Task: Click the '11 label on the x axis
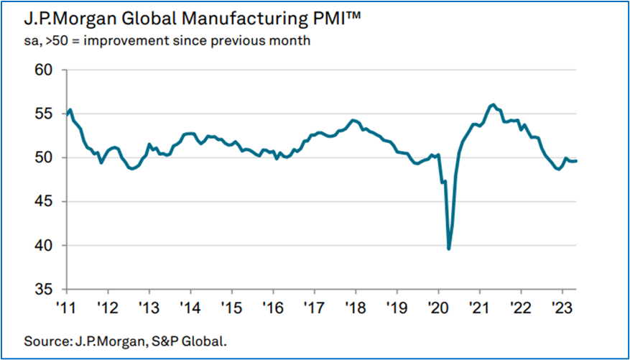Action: click(x=66, y=306)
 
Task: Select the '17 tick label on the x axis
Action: click(x=314, y=306)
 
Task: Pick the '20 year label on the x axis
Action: click(x=438, y=306)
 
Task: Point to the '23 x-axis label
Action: click(x=562, y=306)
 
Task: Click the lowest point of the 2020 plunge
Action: click(x=449, y=249)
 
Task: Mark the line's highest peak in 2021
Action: click(x=493, y=105)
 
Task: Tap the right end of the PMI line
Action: click(x=576, y=160)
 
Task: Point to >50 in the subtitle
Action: click(x=55, y=41)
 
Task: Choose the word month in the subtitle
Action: click(x=290, y=41)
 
